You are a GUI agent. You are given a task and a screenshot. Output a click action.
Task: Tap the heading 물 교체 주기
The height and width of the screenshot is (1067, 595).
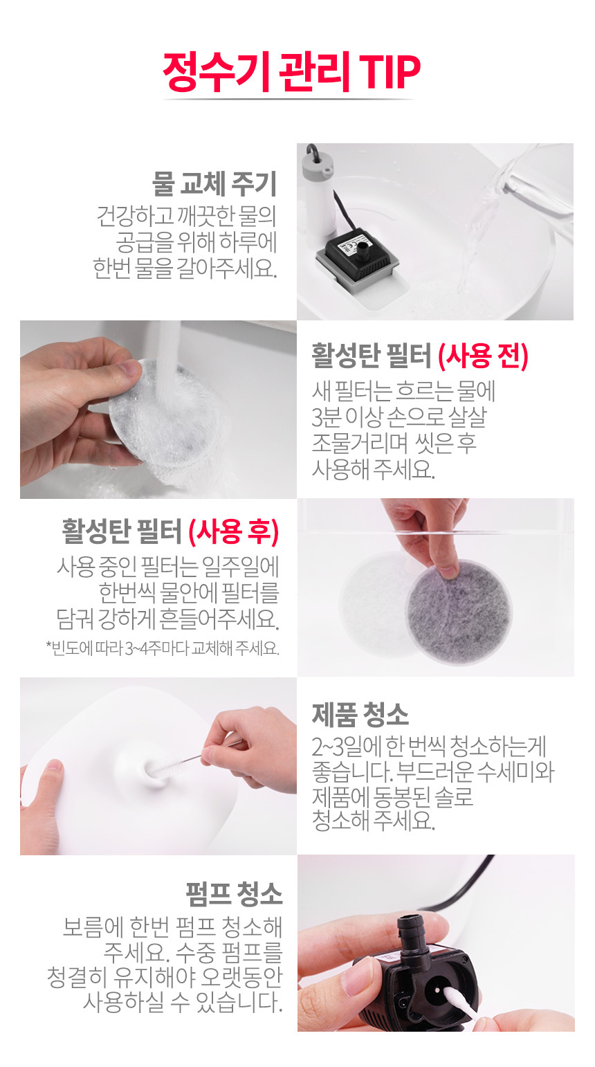point(214,183)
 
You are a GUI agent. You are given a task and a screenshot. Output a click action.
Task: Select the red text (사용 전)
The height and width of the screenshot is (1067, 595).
point(483,356)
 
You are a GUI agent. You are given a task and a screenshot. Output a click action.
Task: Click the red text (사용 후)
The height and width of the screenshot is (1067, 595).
point(233,532)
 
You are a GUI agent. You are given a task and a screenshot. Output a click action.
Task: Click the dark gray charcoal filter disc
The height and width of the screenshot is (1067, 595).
point(459,612)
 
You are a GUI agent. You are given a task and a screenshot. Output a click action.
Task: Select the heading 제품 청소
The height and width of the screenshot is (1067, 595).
point(360,715)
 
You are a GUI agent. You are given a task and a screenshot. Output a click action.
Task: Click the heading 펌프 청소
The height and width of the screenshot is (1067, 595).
point(234,894)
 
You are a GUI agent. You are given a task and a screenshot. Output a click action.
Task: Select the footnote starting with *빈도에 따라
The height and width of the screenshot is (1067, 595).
point(163,648)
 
